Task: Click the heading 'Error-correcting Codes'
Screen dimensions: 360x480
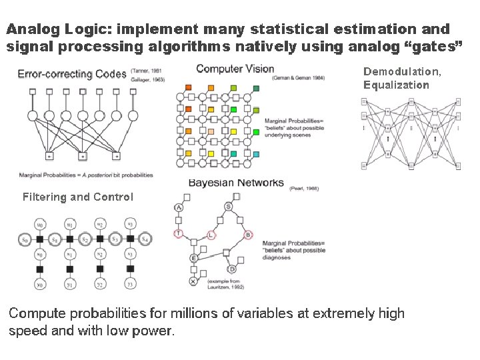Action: point(72,74)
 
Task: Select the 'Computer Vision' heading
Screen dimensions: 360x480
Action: point(235,69)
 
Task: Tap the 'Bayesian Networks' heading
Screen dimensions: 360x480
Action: point(236,183)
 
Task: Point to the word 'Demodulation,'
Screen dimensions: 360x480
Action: point(402,71)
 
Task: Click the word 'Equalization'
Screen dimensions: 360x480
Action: point(396,85)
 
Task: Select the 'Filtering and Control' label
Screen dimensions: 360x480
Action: point(78,197)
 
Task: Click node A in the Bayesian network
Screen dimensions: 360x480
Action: point(179,207)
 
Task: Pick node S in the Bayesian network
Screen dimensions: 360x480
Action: point(229,207)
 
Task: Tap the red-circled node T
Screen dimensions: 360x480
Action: point(178,233)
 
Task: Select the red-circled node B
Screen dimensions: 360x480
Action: point(247,235)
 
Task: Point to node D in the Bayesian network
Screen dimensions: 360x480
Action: point(232,269)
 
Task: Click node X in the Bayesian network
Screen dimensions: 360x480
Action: point(193,282)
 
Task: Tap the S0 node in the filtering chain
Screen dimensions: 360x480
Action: point(24,239)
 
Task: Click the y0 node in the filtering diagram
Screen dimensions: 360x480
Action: point(40,285)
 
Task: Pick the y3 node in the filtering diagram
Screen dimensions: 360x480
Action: point(131,285)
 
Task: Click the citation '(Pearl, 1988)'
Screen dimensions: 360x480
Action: point(303,189)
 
